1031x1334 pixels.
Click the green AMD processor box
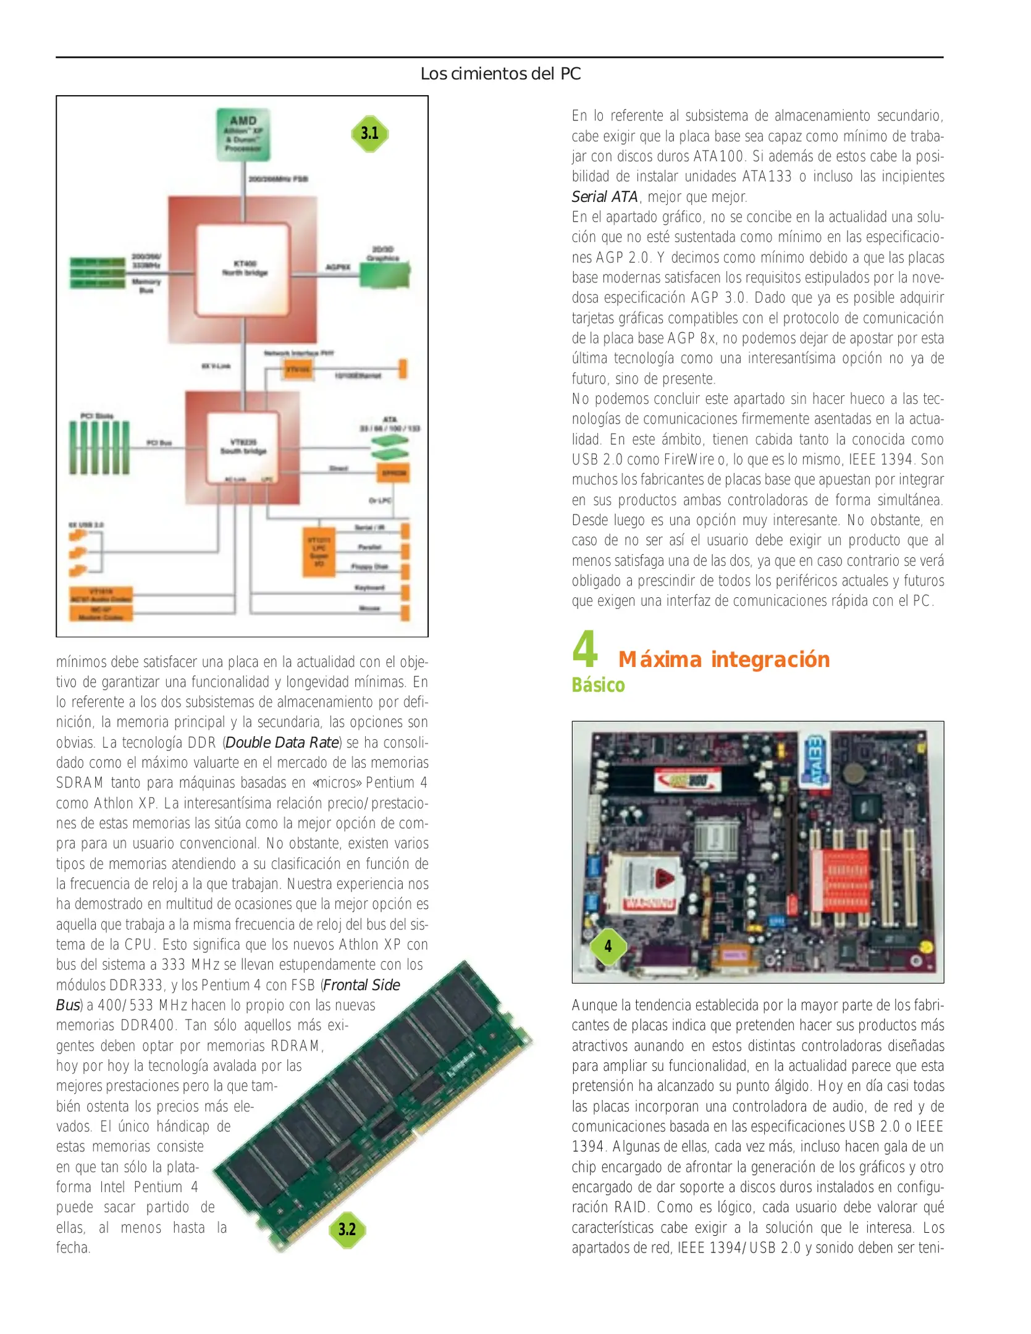(243, 135)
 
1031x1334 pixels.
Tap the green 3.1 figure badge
(369, 133)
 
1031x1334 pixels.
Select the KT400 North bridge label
(245, 268)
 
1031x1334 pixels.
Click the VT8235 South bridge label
(243, 447)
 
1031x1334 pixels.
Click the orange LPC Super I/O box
(319, 552)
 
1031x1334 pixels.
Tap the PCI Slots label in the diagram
(96, 416)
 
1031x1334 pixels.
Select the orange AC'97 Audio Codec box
(101, 595)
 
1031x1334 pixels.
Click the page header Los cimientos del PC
(500, 74)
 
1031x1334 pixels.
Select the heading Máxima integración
(723, 660)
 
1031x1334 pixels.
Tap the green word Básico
(597, 686)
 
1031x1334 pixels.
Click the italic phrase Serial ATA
(604, 197)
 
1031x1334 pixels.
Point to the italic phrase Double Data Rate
(282, 742)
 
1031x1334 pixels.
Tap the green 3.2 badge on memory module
(347, 1229)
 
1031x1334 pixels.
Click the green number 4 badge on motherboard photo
(608, 946)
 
